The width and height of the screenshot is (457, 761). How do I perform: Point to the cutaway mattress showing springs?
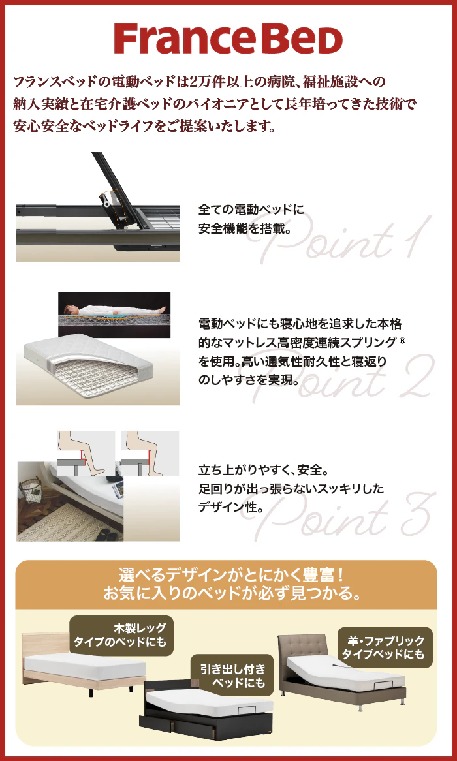click(91, 369)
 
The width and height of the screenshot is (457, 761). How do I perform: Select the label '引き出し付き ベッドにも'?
click(233, 675)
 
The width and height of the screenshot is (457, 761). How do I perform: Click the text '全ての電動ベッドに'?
click(251, 210)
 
